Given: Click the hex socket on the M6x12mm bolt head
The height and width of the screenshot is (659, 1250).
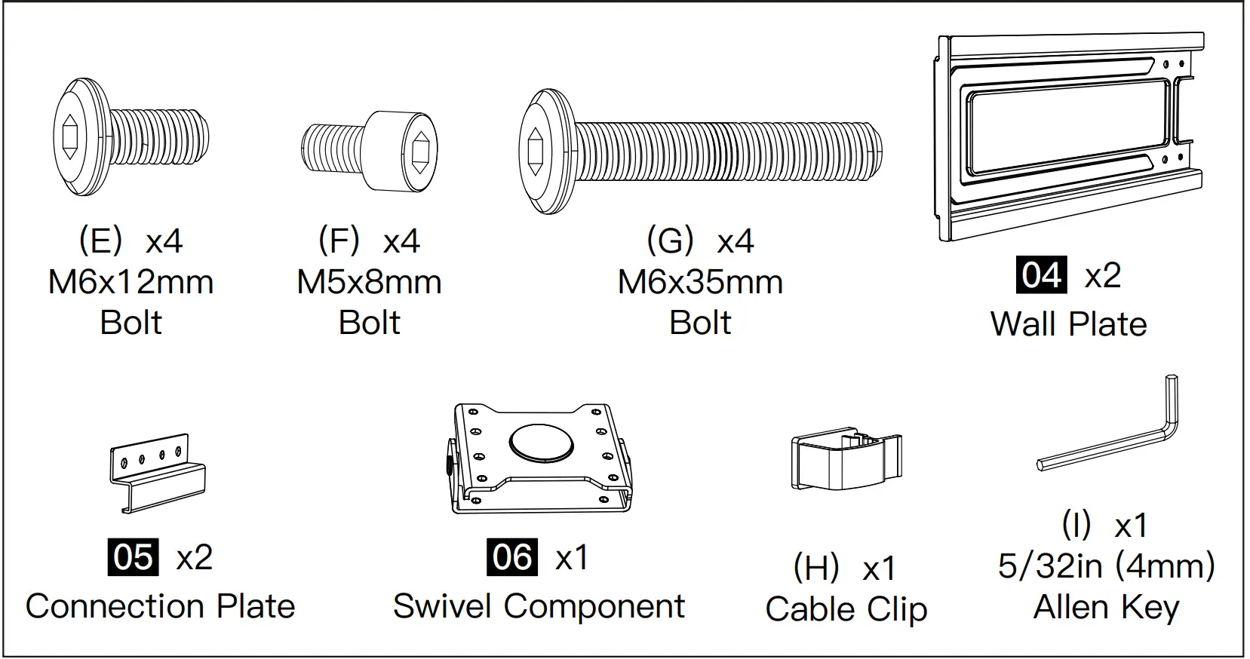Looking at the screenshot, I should pyautogui.click(x=69, y=137).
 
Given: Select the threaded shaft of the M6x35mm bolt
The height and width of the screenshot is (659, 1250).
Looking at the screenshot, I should pyautogui.click(x=724, y=151).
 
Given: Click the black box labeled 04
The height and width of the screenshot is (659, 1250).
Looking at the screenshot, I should pyautogui.click(x=1041, y=275).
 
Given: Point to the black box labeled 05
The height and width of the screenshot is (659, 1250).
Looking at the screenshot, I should pyautogui.click(x=133, y=558).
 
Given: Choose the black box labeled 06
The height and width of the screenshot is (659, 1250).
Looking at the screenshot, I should pyautogui.click(x=512, y=558).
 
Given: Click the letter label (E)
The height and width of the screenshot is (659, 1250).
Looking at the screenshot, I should pyautogui.click(x=100, y=241).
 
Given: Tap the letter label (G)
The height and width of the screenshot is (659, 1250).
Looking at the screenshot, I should pyautogui.click(x=670, y=241).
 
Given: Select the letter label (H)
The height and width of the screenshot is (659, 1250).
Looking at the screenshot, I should pyautogui.click(x=816, y=569).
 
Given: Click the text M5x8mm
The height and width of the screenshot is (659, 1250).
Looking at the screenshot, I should pyautogui.click(x=369, y=283).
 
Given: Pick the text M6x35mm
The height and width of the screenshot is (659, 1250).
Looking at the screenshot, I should pyautogui.click(x=700, y=283).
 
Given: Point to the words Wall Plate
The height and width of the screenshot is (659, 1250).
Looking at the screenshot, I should pyautogui.click(x=1068, y=324).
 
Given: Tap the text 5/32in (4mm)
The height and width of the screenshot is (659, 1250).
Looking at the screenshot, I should pyautogui.click(x=1106, y=566).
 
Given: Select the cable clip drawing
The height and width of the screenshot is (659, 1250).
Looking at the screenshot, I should pyautogui.click(x=845, y=461).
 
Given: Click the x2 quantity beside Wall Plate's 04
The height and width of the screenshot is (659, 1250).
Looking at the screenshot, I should pyautogui.click(x=1102, y=276).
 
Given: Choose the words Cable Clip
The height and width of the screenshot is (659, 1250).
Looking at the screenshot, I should pyautogui.click(x=846, y=609).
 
